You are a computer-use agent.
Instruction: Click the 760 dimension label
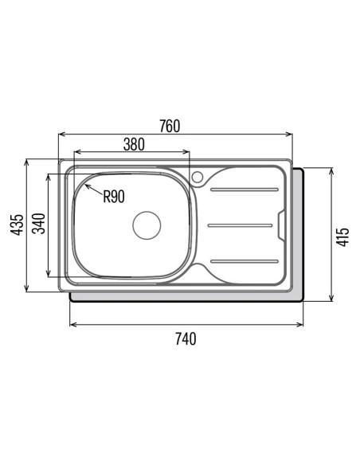(170, 127)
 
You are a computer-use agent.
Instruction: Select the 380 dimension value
(134, 144)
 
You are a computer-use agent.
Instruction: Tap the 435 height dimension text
(17, 225)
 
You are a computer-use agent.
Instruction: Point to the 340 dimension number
(39, 224)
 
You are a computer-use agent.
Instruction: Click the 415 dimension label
(342, 237)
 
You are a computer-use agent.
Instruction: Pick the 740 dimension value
(186, 339)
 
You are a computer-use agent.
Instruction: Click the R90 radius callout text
(114, 197)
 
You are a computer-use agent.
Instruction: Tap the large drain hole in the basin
(147, 225)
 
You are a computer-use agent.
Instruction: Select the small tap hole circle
(198, 177)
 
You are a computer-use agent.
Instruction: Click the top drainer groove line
(245, 190)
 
